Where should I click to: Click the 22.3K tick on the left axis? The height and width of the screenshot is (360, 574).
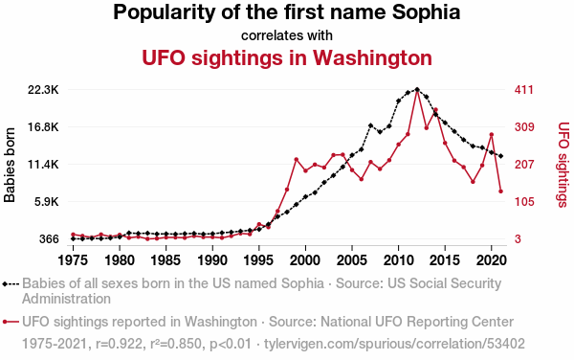point(43,90)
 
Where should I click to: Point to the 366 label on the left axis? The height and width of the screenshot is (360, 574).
point(49,239)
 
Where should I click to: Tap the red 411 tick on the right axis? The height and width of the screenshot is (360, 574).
point(524,90)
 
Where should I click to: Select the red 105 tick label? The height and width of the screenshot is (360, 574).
point(524,202)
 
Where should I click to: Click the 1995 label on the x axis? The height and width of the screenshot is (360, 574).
point(258,260)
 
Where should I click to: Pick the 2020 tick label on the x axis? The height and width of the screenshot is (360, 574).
point(492,260)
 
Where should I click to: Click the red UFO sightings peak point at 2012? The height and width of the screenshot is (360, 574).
point(417,90)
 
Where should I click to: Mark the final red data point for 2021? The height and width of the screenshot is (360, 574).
point(500,191)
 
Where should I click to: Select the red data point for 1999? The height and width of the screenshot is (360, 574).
point(297,159)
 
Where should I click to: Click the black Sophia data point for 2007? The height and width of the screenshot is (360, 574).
point(370,125)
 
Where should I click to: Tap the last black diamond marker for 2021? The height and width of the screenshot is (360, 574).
point(500,156)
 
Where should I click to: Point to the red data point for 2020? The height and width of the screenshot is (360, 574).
point(492,135)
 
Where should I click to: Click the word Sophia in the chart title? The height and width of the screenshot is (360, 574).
point(426,12)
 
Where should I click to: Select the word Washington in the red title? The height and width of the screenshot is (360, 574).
point(372,58)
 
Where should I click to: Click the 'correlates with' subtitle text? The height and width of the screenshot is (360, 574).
point(287,35)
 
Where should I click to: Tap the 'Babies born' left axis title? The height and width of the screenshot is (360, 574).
point(10,165)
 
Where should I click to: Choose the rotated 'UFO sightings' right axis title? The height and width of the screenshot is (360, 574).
point(563,165)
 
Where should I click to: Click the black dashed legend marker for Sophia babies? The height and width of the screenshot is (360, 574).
point(11,283)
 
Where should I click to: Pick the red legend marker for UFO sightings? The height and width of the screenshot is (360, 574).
point(11,322)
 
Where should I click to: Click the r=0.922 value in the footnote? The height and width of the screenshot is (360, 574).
point(119,344)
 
